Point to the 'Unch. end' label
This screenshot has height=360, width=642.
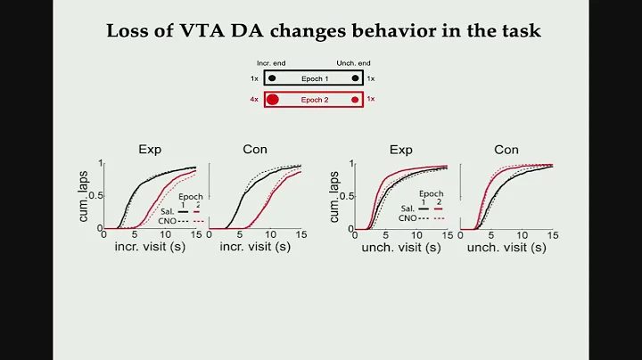[x=353, y=64]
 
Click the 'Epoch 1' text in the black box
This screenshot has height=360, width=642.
[x=312, y=78]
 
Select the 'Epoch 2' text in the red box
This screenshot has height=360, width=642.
[x=312, y=99]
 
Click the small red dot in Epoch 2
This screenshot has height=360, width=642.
[x=355, y=99]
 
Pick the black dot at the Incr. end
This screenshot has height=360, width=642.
[x=271, y=78]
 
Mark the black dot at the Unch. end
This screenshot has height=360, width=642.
[x=355, y=78]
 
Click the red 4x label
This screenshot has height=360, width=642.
[x=253, y=99]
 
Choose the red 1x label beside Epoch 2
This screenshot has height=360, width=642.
[x=372, y=99]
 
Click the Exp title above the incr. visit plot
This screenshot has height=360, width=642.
[x=150, y=149]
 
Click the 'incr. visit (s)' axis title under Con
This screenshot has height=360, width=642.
[x=254, y=247]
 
